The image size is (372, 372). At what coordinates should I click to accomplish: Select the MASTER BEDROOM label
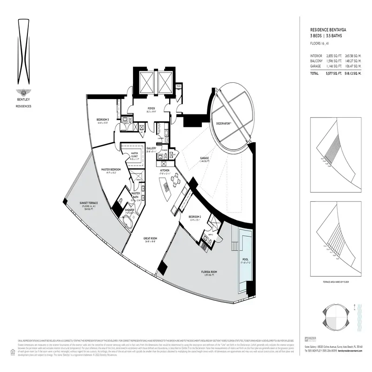pyautogui.click(x=111, y=169)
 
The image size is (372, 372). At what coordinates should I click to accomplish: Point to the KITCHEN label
pyautogui.click(x=165, y=171)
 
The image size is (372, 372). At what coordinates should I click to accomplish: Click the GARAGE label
pyautogui.click(x=204, y=158)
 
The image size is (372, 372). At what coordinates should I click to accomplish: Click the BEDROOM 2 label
pyautogui.click(x=195, y=217)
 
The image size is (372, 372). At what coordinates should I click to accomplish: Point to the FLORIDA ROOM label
pyautogui.click(x=210, y=272)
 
